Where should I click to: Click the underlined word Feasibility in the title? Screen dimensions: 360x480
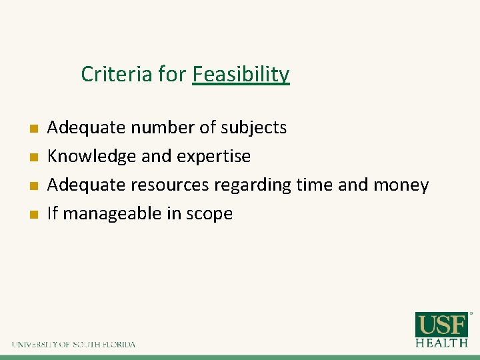tap(241, 74)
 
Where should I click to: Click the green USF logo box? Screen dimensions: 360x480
tap(441, 325)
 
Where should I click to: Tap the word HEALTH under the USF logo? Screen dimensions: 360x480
tap(441, 343)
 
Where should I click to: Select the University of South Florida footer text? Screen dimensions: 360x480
tap(73, 345)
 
